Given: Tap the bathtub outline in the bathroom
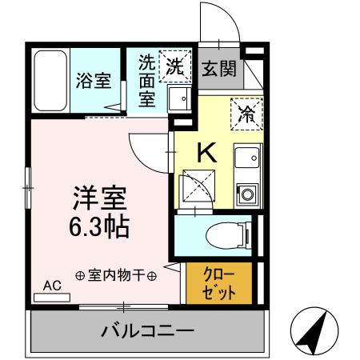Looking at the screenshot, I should click(x=51, y=81).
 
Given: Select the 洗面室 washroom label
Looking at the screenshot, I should click(x=147, y=80).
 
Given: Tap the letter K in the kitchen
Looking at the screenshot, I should click(x=205, y=151).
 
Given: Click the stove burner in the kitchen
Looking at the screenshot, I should click(x=246, y=193).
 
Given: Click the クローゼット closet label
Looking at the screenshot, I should click(x=219, y=282).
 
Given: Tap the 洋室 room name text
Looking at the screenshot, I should click(x=100, y=197).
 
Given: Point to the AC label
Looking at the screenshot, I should click(x=52, y=285).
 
